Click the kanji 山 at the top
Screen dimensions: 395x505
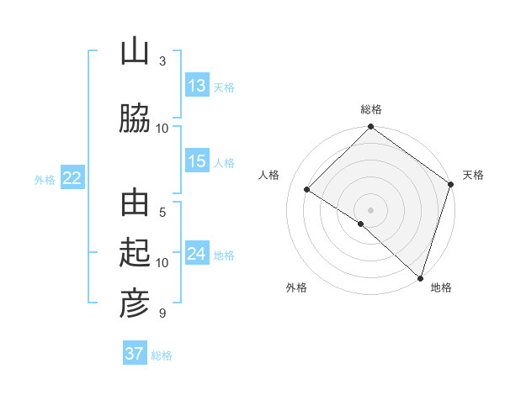point(135,52)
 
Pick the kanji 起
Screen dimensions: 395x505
point(135,254)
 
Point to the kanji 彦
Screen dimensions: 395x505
point(135,303)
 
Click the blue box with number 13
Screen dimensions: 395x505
point(197,86)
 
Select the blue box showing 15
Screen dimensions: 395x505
point(197,161)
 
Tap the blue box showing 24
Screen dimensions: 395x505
point(197,254)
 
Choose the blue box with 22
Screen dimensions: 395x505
point(72,178)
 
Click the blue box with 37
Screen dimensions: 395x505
point(135,354)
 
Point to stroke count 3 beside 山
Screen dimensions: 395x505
point(162,61)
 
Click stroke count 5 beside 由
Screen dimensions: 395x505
point(162,213)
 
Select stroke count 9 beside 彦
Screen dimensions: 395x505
point(162,313)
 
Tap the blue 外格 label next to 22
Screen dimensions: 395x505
point(45,179)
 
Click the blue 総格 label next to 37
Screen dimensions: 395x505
point(162,355)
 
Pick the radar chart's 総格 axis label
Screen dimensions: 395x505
point(371,109)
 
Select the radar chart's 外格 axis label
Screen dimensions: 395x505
point(296,288)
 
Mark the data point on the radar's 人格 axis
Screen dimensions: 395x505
point(307,190)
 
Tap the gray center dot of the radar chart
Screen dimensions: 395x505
point(370,209)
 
